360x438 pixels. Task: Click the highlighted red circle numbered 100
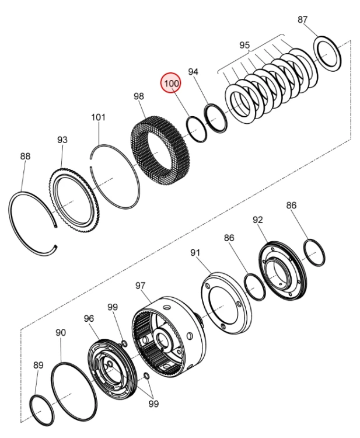pos(171,84)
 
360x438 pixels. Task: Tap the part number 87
pos(303,20)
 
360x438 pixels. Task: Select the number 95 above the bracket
pos(244,45)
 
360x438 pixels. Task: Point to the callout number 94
pos(193,71)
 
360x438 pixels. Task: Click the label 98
pos(138,95)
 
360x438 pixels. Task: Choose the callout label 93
pos(62,140)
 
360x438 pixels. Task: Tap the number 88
pos(25,156)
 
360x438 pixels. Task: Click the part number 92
pos(257,220)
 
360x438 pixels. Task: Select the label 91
pos(195,252)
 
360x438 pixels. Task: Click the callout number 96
pos(89,318)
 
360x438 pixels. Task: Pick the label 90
pos(61,332)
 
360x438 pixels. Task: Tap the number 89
pos(38,365)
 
